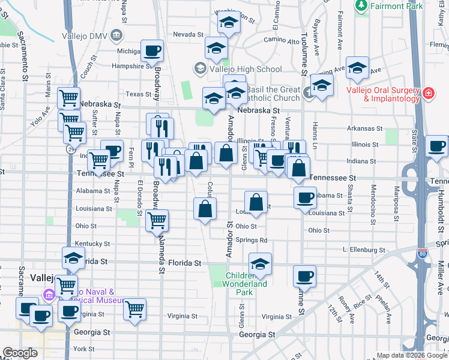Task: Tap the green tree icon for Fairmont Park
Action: click(361, 7)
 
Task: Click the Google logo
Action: click(20, 353)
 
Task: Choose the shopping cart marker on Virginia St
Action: click(135, 309)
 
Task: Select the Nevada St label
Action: click(189, 35)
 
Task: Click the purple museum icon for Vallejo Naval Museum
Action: click(49, 295)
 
